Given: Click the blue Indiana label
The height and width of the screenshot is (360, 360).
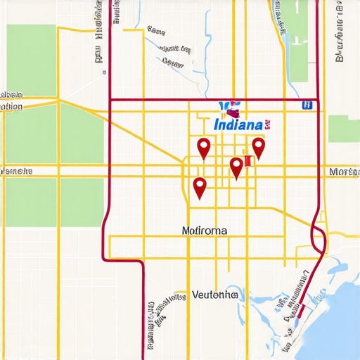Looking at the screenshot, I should [238, 124].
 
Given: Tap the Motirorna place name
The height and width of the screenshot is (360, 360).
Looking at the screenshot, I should [205, 230].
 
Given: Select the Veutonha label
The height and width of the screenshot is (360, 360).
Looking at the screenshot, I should [214, 295].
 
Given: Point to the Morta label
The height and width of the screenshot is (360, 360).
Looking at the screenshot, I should [344, 172].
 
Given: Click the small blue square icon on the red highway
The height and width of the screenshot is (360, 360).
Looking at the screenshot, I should [307, 105].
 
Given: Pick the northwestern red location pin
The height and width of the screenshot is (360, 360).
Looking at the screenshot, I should [204, 148].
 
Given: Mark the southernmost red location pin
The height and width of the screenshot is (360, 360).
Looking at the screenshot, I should [200, 188].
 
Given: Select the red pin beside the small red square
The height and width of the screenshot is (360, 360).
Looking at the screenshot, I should [236, 167].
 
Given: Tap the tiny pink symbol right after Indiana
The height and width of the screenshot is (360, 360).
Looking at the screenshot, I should [268, 124].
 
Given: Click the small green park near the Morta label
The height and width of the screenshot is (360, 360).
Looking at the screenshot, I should [344, 129].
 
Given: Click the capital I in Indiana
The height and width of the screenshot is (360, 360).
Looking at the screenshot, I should [214, 124].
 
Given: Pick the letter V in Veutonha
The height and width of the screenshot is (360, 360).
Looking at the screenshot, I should [195, 295].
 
